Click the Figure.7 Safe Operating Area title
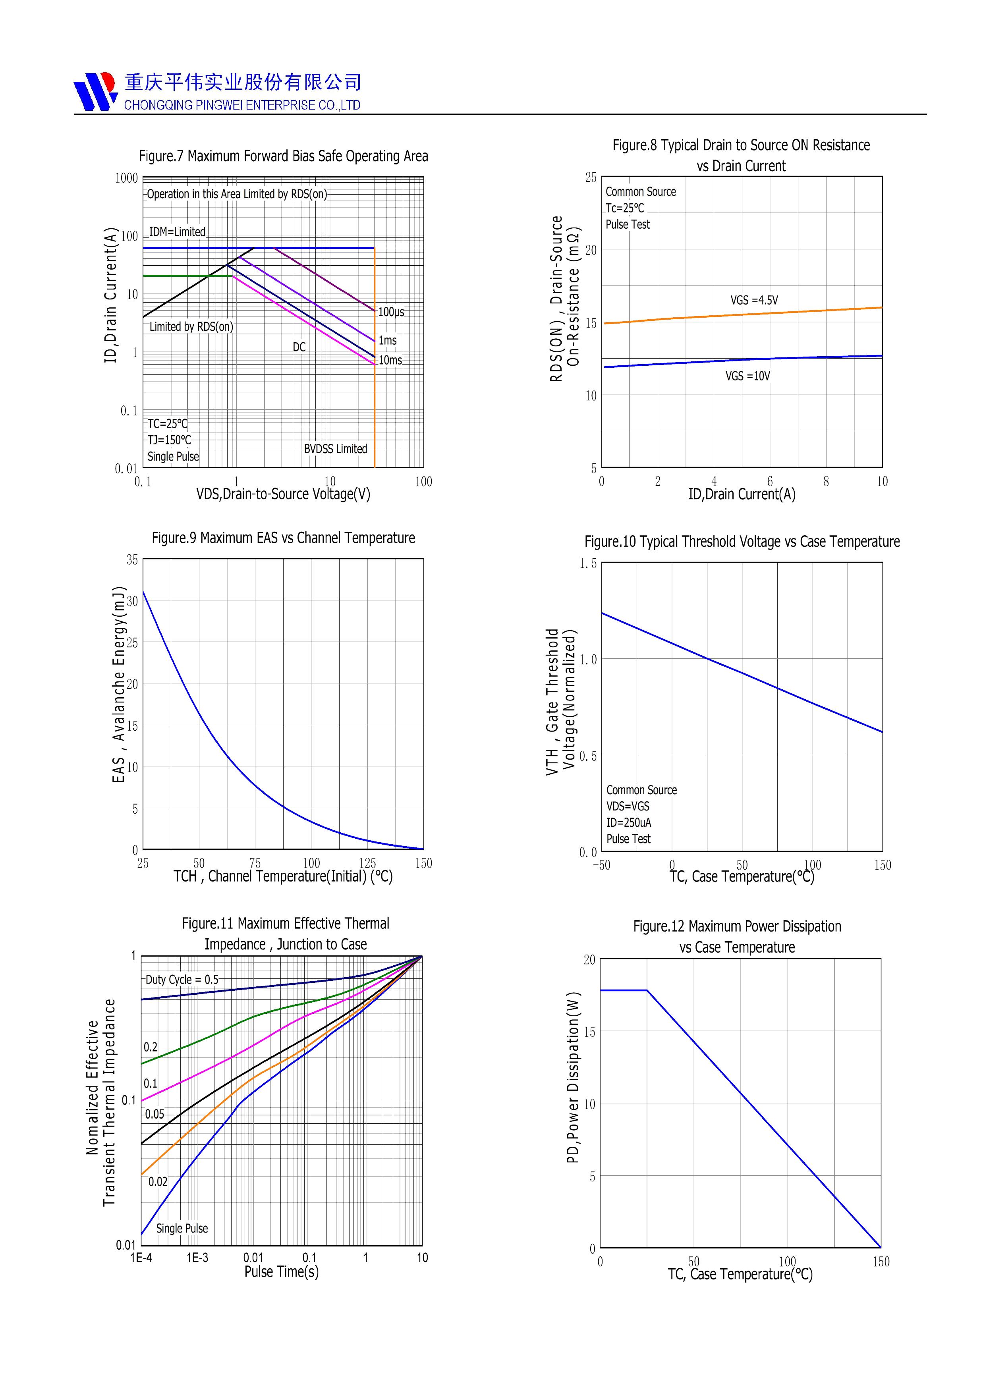pyautogui.click(x=284, y=156)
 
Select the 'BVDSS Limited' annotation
pyautogui.click(x=336, y=449)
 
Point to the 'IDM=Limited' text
pyautogui.click(x=177, y=232)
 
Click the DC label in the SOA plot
pyautogui.click(x=299, y=347)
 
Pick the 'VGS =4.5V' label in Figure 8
pyautogui.click(x=754, y=300)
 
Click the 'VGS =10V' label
pyautogui.click(x=748, y=376)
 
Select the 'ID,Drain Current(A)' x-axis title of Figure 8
pyautogui.click(x=742, y=494)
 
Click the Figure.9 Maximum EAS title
pyautogui.click(x=284, y=538)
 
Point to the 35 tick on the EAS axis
pyautogui.click(x=132, y=560)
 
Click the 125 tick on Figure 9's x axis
pyautogui.click(x=367, y=863)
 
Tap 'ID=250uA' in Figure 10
pyautogui.click(x=629, y=823)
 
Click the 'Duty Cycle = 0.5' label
pyautogui.click(x=182, y=980)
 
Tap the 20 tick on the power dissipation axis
pyautogui.click(x=589, y=960)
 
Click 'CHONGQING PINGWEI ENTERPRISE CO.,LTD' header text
pyautogui.click(x=242, y=106)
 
